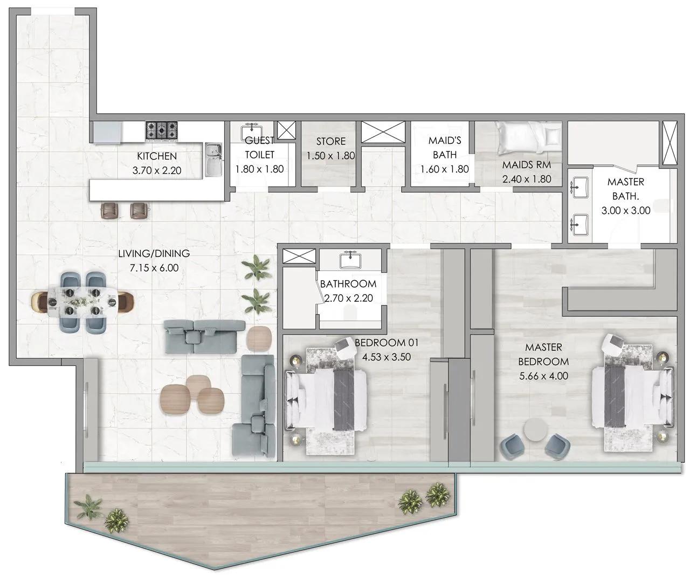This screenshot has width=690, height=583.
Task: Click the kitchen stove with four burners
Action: coord(161,130)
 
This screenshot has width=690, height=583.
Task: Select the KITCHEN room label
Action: coord(157,156)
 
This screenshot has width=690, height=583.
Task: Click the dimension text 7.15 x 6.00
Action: coord(154,267)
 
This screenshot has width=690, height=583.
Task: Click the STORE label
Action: coord(330,141)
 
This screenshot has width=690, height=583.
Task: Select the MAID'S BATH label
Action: coord(445,147)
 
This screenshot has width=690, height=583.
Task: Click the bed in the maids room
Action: coord(529,137)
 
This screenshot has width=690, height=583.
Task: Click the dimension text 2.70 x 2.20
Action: coord(349,298)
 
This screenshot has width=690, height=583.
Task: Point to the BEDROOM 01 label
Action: coord(386,343)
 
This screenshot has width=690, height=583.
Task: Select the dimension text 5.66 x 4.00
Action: coord(543,376)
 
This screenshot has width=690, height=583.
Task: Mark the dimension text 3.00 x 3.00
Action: coord(625,211)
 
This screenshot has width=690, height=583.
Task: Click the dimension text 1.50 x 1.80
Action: coord(330,156)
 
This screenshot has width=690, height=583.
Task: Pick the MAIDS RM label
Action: coord(526,165)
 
